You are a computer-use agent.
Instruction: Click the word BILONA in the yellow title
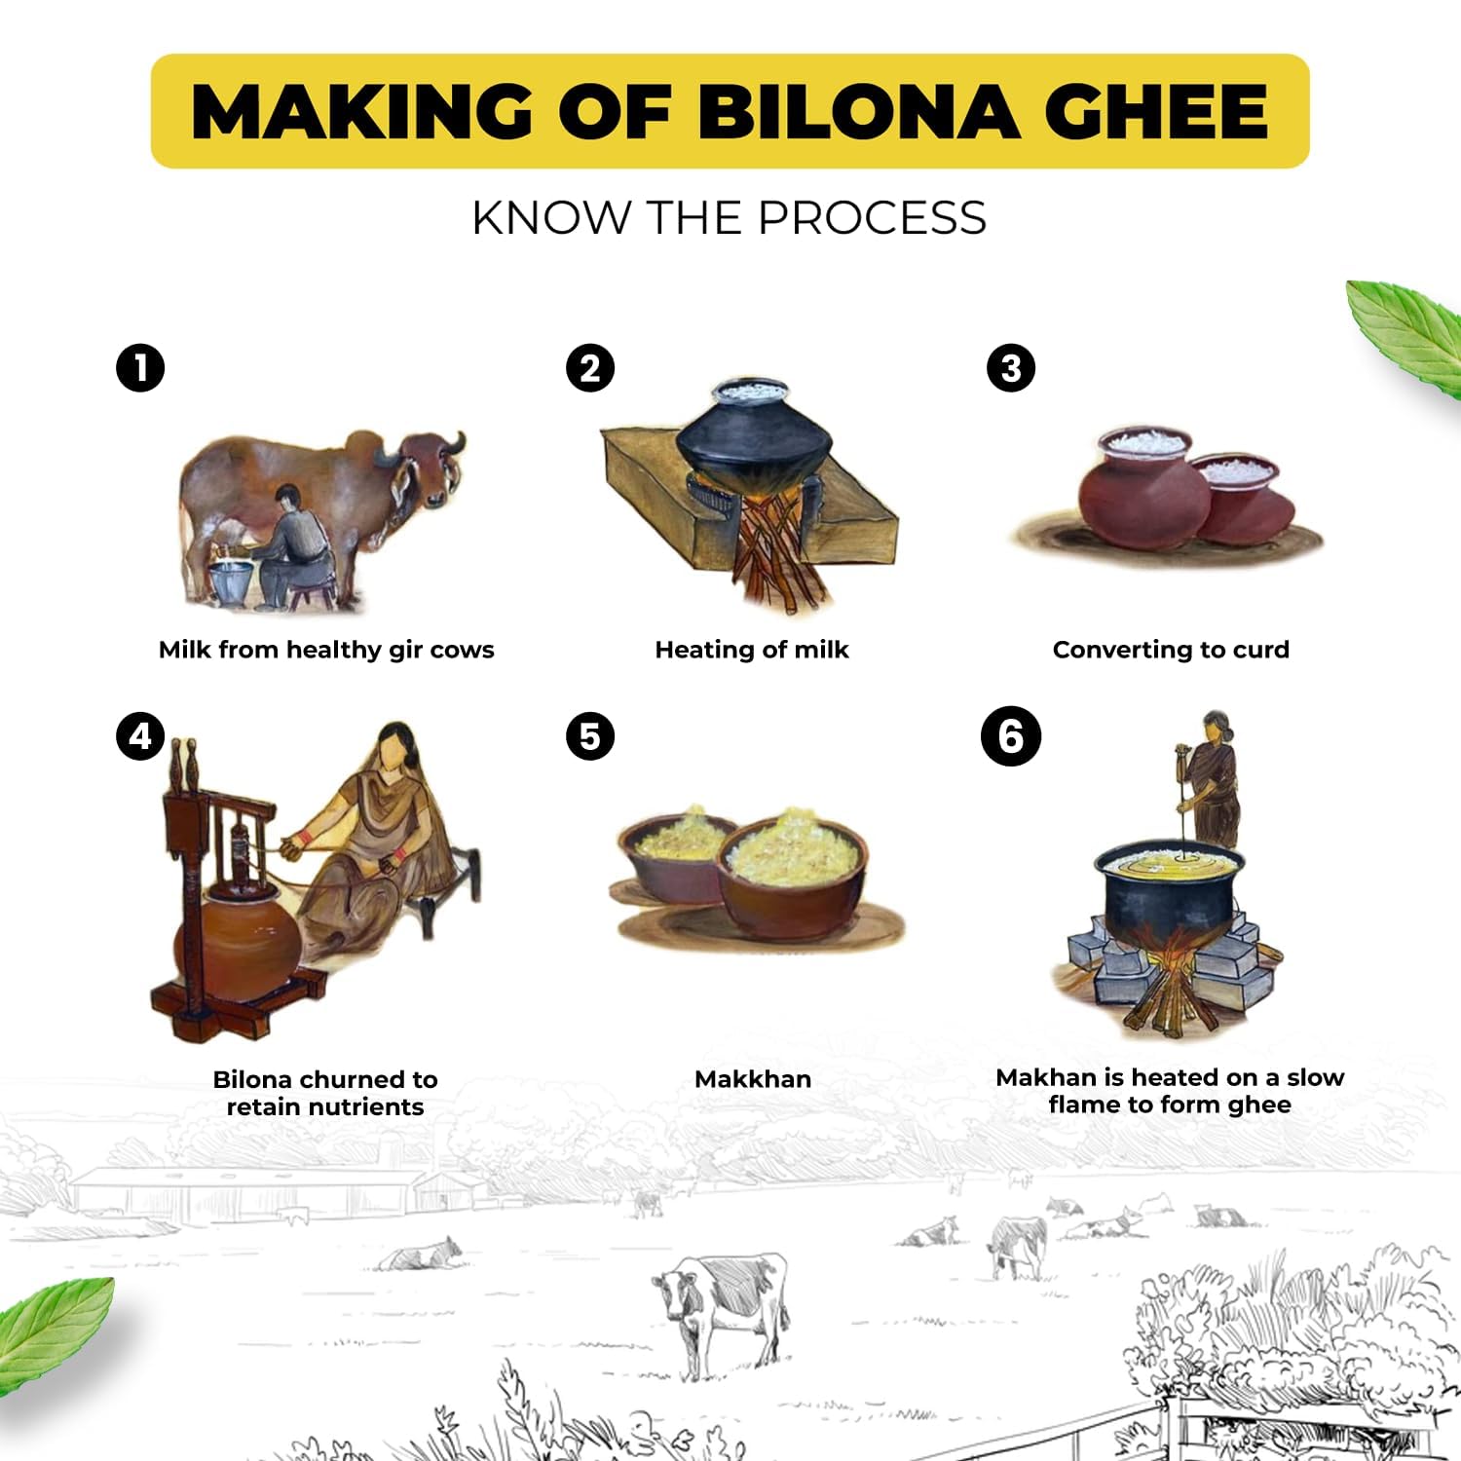857,111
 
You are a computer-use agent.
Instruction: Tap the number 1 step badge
140,368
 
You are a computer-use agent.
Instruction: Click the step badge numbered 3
1011,368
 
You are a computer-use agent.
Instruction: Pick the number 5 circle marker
590,736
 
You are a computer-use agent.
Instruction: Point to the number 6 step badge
1011,736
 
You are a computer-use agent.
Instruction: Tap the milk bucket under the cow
231,581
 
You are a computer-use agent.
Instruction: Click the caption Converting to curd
1171,650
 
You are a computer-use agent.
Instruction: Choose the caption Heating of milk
752,650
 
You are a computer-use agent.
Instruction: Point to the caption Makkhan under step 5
753,1079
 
